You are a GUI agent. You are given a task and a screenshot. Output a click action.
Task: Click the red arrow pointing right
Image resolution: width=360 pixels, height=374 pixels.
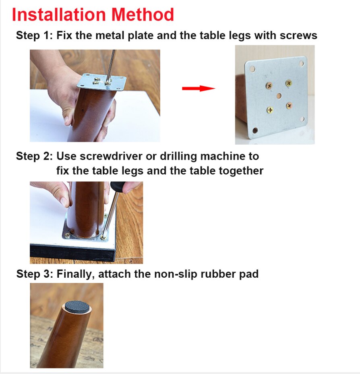tap(198, 88)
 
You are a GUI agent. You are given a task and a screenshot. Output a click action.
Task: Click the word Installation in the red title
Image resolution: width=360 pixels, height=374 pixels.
tap(58, 15)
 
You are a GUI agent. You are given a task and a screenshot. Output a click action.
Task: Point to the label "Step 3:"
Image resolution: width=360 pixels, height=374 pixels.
tap(34, 274)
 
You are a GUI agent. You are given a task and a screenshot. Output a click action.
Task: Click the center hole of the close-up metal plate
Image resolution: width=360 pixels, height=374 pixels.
tap(279, 96)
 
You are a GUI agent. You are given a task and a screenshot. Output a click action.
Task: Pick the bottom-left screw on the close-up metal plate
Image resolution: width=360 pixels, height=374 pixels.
tap(269, 110)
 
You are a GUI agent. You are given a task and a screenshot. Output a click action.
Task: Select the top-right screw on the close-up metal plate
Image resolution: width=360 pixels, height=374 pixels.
tap(289, 83)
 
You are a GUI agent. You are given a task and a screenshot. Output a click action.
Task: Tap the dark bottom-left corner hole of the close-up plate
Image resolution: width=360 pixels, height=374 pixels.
tap(254, 130)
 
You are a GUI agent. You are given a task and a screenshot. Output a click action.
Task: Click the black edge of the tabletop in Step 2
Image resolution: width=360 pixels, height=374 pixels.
tap(72, 253)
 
